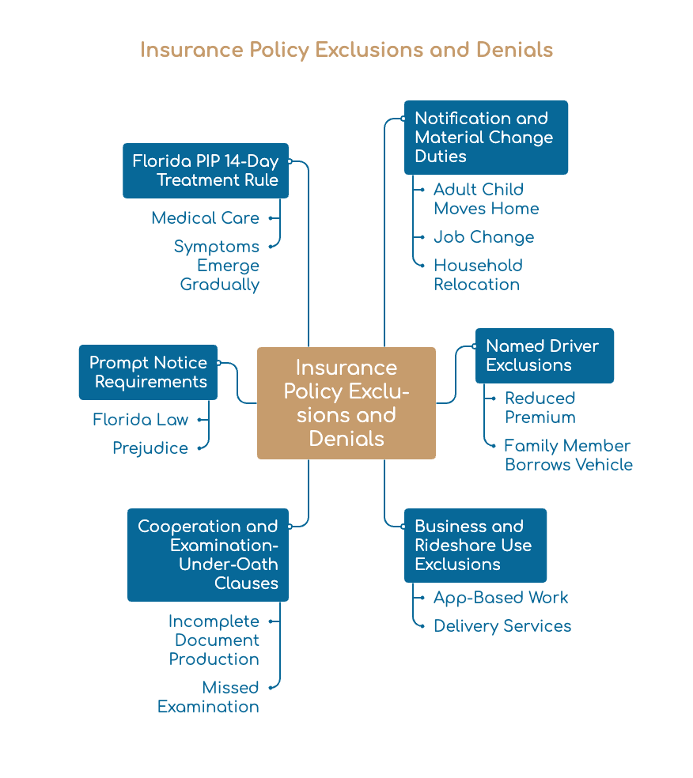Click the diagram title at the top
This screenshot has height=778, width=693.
pyautogui.click(x=346, y=50)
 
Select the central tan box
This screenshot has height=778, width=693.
pyautogui.click(x=346, y=403)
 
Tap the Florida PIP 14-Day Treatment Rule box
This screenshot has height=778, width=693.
pyautogui.click(x=206, y=171)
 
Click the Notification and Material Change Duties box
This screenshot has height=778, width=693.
pyautogui.click(x=486, y=138)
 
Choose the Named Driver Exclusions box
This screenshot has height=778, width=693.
pyautogui.click(x=544, y=356)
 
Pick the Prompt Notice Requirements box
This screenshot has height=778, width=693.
pyautogui.click(x=149, y=372)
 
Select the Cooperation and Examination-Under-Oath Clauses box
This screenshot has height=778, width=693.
pyautogui.click(x=208, y=555)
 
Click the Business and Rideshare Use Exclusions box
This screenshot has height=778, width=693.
pyautogui.click(x=475, y=546)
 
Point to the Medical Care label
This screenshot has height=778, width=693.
pyautogui.click(x=206, y=218)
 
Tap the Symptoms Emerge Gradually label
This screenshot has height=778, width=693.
pyautogui.click(x=217, y=266)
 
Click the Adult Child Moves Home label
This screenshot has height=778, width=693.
pyautogui.click(x=487, y=199)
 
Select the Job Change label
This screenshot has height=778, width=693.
pyautogui.click(x=484, y=237)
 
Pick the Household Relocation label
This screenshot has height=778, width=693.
pyautogui.click(x=478, y=275)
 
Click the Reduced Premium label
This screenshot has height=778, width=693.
pyautogui.click(x=540, y=407)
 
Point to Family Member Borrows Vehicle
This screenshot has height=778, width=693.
pyautogui.click(x=569, y=455)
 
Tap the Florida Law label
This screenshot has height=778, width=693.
pyautogui.click(x=141, y=420)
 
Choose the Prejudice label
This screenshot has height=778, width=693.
pyautogui.click(x=150, y=448)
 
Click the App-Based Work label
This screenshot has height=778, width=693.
pyautogui.click(x=501, y=598)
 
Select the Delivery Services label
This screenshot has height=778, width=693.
pyautogui.click(x=502, y=626)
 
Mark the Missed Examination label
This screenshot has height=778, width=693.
pyautogui.click(x=209, y=697)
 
